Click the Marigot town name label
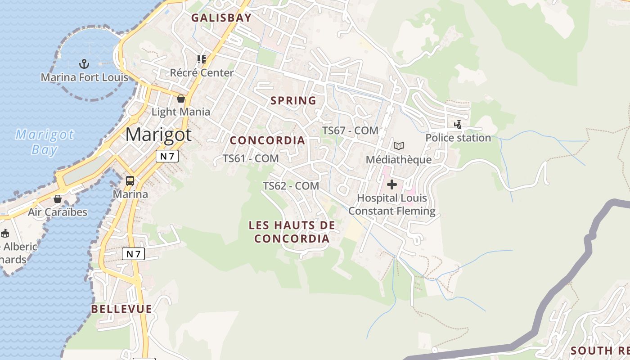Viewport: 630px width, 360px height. (158, 135)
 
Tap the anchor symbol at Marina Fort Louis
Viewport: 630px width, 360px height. (84, 64)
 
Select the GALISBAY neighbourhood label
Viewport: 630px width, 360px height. (221, 18)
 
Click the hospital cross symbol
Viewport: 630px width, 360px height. (392, 184)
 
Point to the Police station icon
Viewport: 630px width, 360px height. (458, 124)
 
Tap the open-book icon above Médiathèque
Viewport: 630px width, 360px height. (399, 146)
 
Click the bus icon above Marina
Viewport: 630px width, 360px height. (130, 181)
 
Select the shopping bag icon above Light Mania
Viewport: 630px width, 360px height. (181, 98)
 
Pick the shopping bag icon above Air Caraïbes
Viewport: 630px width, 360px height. (58, 198)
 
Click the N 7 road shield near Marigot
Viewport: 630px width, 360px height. (167, 156)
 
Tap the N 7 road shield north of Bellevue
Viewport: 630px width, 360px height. (134, 254)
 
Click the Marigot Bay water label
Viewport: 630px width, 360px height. (45, 142)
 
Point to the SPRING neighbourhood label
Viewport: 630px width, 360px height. (293, 100)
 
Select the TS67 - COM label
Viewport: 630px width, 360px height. (350, 130)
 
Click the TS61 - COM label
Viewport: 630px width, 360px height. (251, 158)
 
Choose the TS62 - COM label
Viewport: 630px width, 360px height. (291, 185)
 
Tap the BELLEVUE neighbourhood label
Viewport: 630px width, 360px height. (121, 309)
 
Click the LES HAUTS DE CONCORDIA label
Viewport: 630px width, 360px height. (292, 231)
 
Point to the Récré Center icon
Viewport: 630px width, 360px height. (201, 59)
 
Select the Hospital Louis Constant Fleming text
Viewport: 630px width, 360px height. (392, 204)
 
